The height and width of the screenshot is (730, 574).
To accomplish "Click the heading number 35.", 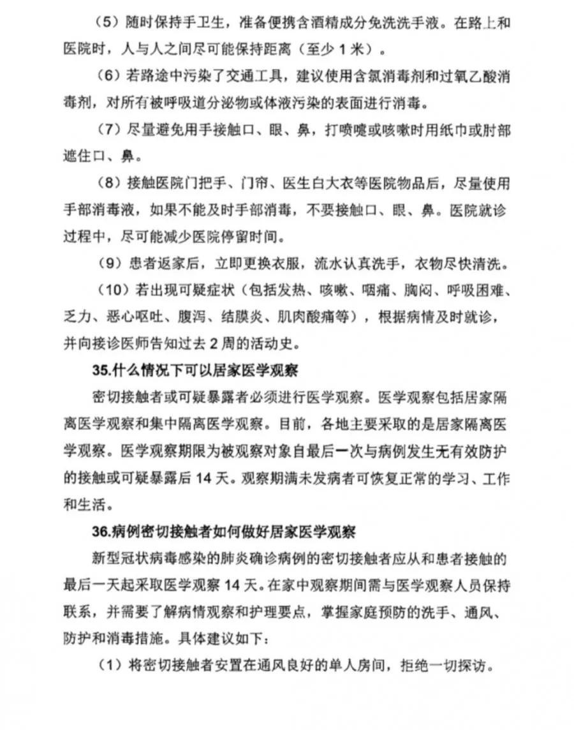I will [x=102, y=371].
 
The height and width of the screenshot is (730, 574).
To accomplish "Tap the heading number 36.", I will [x=102, y=531].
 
